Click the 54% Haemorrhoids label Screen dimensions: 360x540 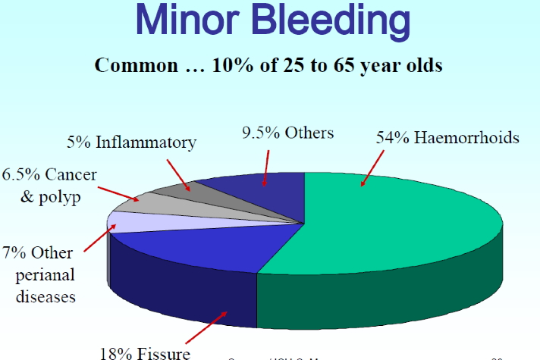[x=447, y=138]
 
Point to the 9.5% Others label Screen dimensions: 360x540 [x=288, y=133]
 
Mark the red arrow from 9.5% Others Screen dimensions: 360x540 [x=265, y=166]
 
